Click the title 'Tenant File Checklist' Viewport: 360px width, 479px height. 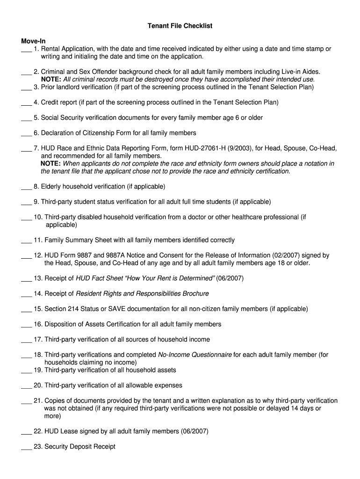[x=180, y=26]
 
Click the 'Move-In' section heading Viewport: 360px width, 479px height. [x=33, y=41]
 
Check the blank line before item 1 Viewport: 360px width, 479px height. [x=26, y=50]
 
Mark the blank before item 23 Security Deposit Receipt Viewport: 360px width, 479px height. [x=26, y=448]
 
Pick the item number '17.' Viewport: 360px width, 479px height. [x=38, y=340]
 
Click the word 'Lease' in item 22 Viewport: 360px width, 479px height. [x=70, y=431]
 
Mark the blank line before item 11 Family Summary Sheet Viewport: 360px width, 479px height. [x=26, y=241]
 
